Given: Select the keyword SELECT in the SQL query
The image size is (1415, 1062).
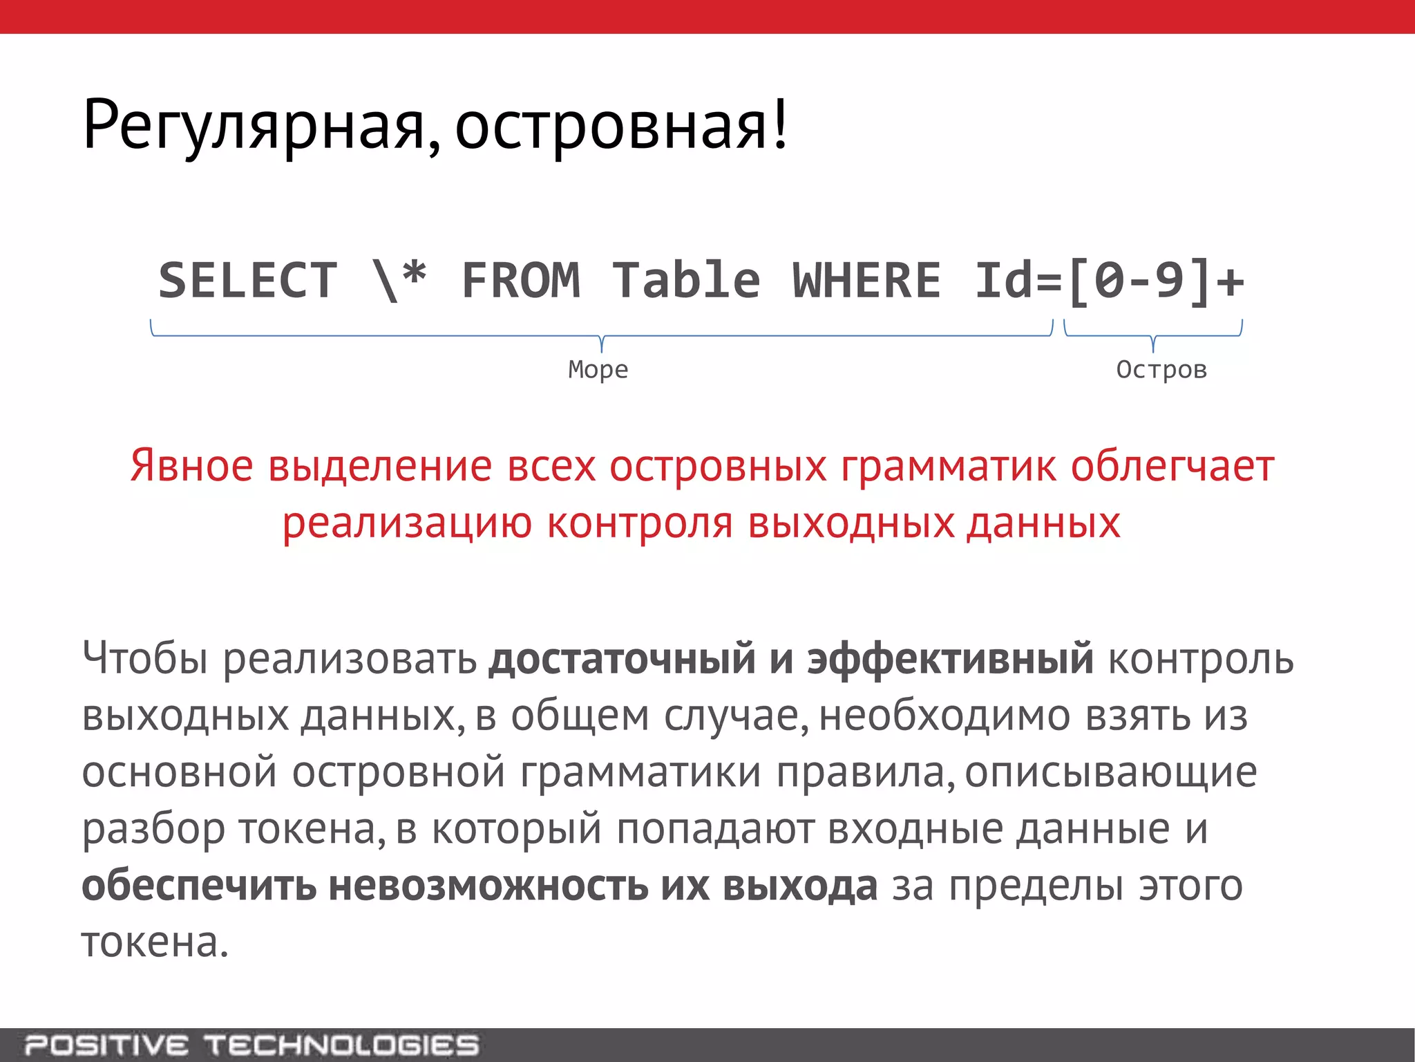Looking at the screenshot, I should (x=248, y=281).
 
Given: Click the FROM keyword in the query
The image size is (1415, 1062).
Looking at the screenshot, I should (x=521, y=281).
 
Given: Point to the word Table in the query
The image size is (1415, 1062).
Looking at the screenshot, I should (x=686, y=281).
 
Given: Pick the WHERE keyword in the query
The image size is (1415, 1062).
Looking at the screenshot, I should (x=866, y=281).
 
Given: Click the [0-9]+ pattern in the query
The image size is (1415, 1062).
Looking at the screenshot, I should (x=1155, y=281).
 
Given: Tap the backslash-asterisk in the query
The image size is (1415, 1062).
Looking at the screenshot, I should (x=399, y=281).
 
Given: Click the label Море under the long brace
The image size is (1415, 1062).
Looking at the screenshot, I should (x=598, y=369).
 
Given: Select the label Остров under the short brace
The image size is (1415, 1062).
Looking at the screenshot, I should (x=1161, y=369).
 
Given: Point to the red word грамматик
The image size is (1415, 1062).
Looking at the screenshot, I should (x=948, y=467).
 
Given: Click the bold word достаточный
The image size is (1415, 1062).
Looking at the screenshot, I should (x=622, y=658).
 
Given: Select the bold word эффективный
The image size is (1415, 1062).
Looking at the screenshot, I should (x=950, y=658).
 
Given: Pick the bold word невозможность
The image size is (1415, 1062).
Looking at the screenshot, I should (x=488, y=886).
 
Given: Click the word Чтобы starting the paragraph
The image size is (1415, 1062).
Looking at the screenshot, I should (x=145, y=658).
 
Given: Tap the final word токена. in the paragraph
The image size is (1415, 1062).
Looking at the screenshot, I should (x=155, y=942).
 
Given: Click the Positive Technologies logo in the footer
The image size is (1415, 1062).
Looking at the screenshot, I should (x=252, y=1045).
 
